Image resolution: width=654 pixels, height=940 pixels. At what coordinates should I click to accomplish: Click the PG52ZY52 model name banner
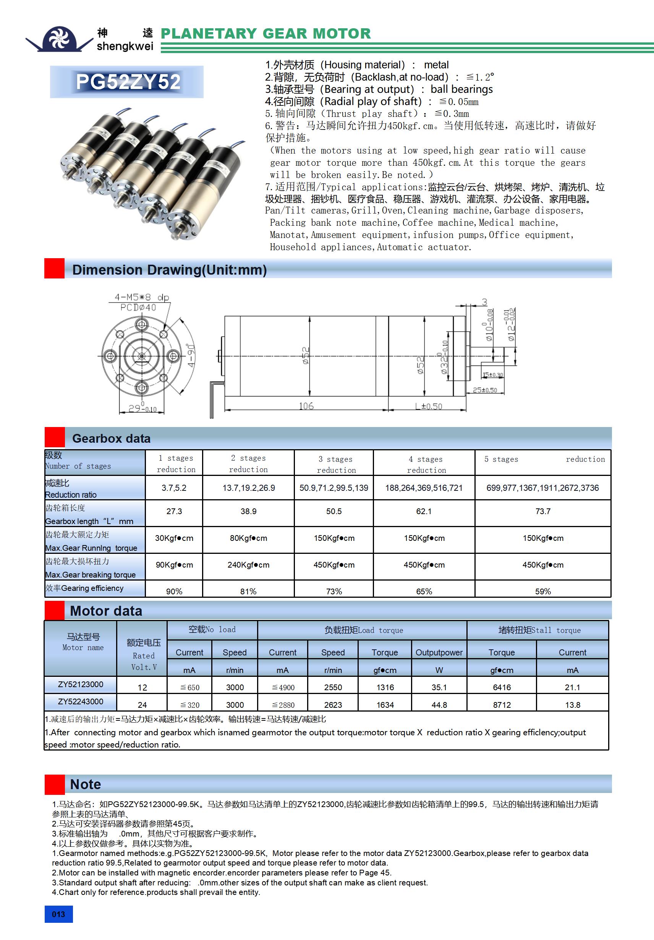coord(127,82)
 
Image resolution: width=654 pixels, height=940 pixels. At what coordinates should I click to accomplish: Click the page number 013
coord(58,914)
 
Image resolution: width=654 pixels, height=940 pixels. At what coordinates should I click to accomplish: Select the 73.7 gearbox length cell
coord(542,511)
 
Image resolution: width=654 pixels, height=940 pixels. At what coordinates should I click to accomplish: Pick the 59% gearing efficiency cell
coord(542,591)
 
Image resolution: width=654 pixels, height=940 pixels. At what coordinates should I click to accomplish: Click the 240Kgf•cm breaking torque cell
coord(248,565)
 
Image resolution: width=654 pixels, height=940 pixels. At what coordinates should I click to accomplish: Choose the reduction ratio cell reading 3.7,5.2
coord(174,488)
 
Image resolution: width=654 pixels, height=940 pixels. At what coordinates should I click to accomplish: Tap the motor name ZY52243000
coord(81,701)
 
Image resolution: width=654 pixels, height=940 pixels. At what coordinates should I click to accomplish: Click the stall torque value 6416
coord(502,688)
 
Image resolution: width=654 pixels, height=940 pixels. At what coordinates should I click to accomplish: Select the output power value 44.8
coord(439,705)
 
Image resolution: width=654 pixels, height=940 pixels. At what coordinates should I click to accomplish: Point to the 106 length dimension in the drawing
coord(306,406)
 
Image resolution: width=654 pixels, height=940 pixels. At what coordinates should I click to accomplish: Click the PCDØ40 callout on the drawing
coord(138,307)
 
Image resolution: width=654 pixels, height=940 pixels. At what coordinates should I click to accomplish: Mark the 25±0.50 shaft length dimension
coord(485,390)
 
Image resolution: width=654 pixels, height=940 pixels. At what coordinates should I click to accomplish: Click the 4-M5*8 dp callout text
coord(142,297)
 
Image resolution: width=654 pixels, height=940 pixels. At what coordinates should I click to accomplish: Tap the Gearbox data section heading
coord(111,438)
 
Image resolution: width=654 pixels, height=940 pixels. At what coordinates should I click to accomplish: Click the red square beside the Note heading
coord(55,784)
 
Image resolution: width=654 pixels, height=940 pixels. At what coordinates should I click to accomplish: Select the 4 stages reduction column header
coord(426,464)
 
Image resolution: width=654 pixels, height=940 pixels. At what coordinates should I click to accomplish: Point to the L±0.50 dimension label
coord(428,406)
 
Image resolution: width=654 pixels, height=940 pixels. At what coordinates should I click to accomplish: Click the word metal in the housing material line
coord(436,65)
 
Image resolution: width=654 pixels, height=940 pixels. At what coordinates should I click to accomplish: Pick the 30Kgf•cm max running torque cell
coord(174,538)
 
